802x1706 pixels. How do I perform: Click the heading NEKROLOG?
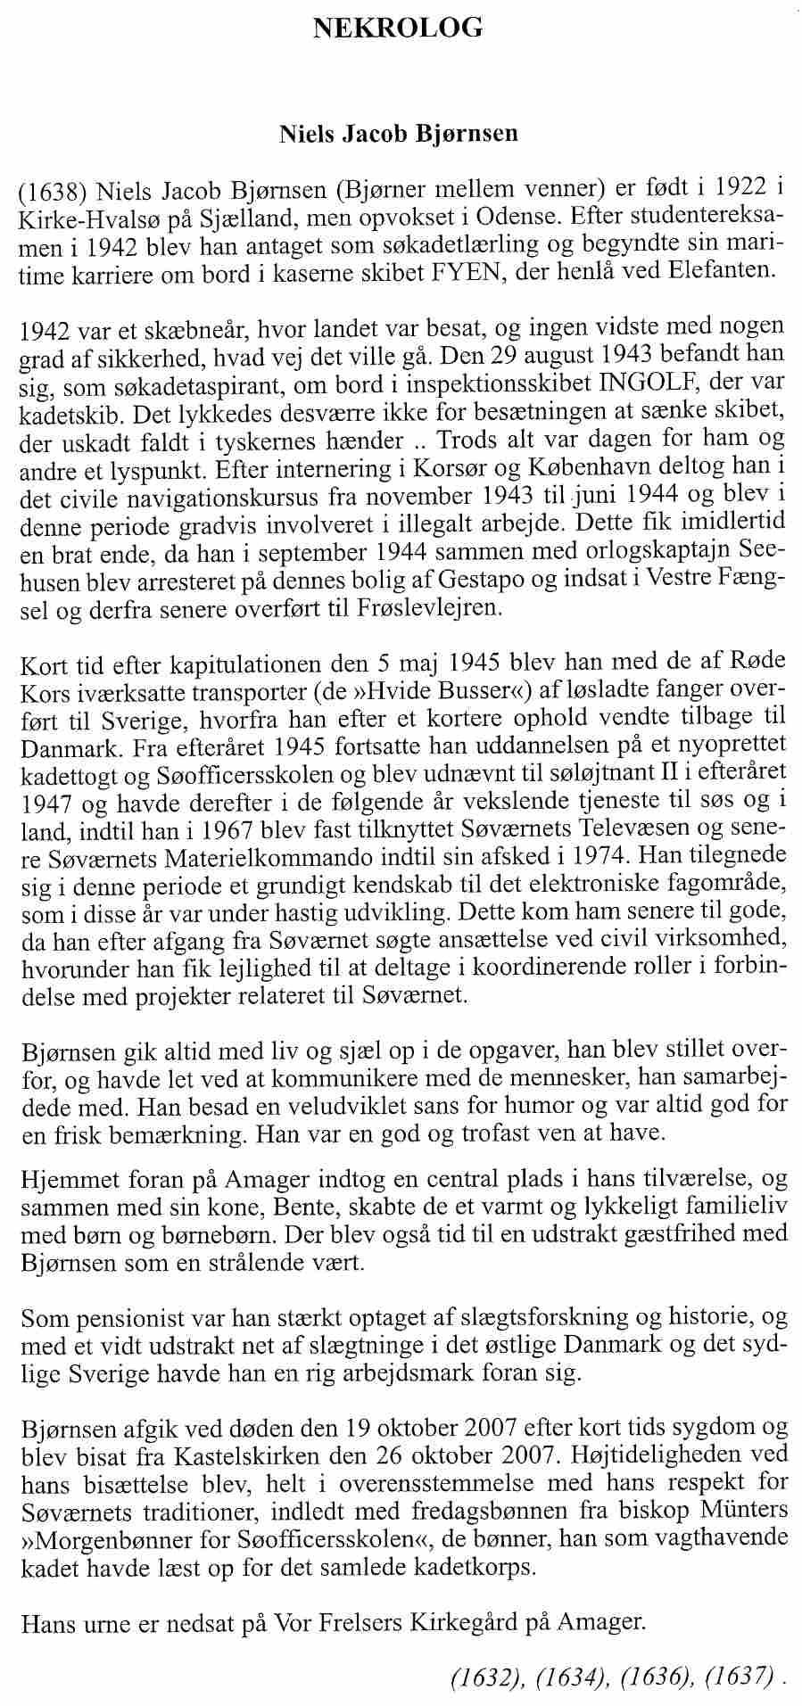pyautogui.click(x=399, y=29)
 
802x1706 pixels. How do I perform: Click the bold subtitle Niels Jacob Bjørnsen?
pyautogui.click(x=399, y=136)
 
